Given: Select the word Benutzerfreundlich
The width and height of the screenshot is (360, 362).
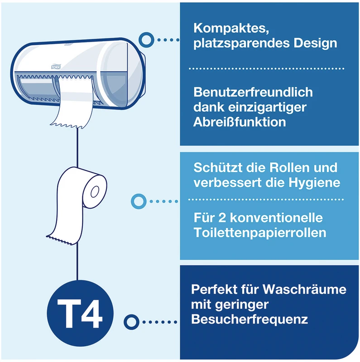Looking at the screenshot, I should tap(253, 92).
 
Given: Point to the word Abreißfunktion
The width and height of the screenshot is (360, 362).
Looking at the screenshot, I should tap(240, 122).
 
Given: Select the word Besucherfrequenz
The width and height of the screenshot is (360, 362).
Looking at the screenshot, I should tap(250, 319).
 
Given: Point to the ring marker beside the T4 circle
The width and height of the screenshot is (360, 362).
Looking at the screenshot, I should tap(131, 322).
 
